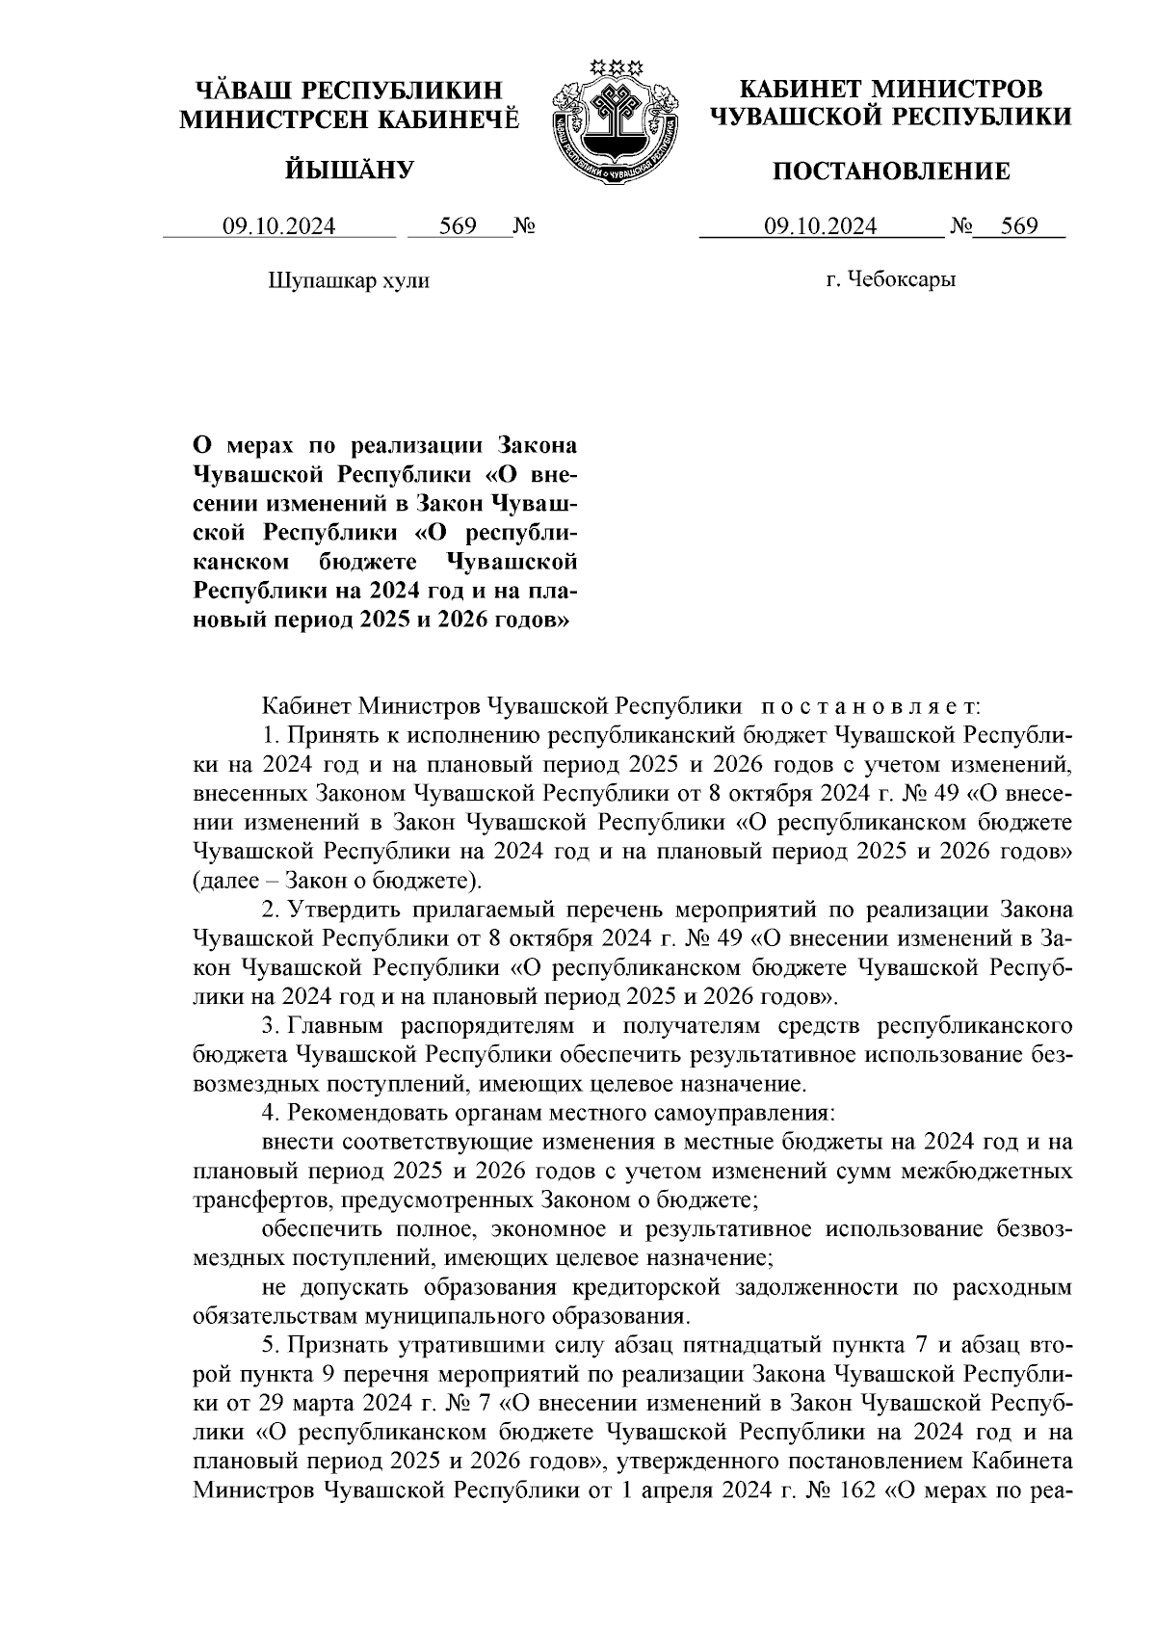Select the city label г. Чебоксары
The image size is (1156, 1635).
point(891,280)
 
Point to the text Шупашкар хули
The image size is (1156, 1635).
point(347,280)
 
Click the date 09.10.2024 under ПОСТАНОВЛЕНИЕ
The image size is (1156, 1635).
point(820,227)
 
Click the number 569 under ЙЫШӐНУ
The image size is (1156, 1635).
point(458,227)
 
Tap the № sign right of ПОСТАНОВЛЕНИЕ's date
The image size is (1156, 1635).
point(960,227)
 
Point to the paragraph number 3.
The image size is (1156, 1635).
point(268,1025)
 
